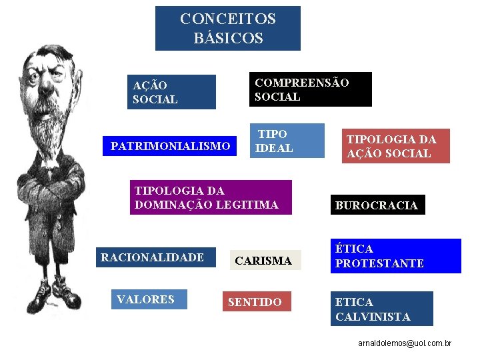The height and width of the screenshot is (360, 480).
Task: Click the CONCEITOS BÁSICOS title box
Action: click(227, 28)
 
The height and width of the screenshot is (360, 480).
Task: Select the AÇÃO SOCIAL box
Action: click(172, 92)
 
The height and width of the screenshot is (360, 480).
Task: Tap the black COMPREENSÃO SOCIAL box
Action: click(310, 89)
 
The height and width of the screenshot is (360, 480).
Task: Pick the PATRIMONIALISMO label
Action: click(170, 146)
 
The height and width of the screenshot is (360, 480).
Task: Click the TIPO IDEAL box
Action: click(287, 141)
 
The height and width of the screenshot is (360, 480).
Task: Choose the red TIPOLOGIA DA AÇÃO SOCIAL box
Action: click(397, 146)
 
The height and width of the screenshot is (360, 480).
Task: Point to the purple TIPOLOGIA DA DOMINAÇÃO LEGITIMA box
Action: click(211, 197)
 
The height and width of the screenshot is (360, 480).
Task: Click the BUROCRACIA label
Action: click(377, 205)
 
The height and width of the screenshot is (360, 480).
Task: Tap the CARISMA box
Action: click(265, 261)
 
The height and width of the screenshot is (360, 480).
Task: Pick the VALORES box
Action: click(149, 299)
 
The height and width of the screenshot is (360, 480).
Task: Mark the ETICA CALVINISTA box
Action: click(381, 309)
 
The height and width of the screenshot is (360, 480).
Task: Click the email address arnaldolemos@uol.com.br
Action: click(405, 343)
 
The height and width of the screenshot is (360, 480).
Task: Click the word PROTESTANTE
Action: click(379, 263)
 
